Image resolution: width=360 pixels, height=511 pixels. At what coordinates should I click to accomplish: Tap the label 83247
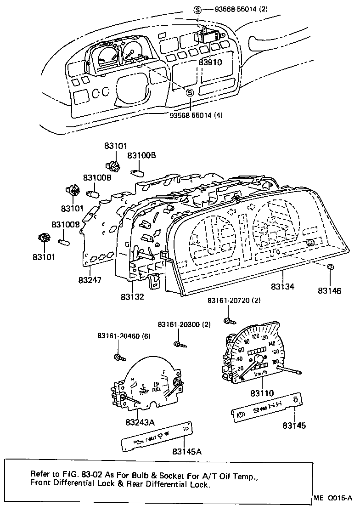point(90,280)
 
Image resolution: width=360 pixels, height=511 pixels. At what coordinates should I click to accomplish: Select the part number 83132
point(133,297)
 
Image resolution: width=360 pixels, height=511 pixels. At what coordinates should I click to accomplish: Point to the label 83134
point(282,286)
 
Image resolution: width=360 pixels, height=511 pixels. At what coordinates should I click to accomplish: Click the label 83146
point(330,291)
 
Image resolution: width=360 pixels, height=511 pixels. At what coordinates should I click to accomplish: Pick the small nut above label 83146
point(331,267)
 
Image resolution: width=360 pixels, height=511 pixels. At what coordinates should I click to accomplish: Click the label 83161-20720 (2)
point(234,300)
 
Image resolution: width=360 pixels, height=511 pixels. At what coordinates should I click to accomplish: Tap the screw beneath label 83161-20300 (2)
point(178,344)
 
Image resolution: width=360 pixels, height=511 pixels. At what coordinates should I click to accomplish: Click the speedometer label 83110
point(262,393)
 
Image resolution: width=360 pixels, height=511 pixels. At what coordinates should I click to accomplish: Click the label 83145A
point(187,451)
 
